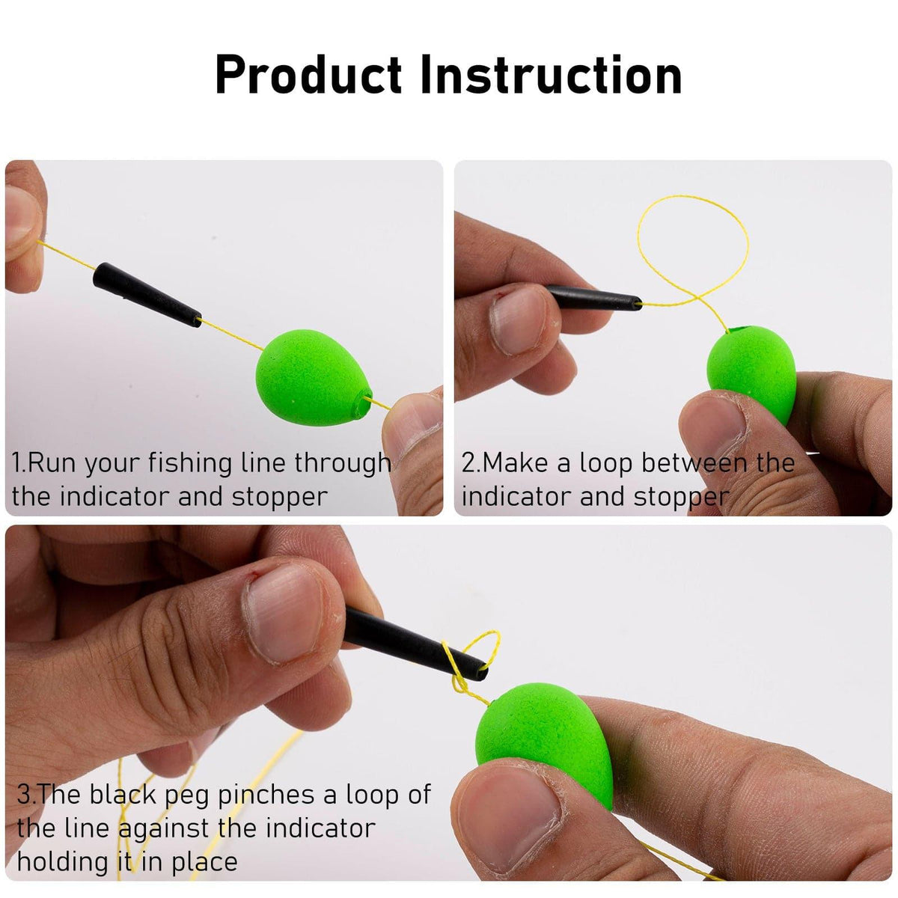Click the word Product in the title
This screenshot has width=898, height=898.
click(309, 76)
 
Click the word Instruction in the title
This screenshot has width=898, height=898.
click(550, 76)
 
